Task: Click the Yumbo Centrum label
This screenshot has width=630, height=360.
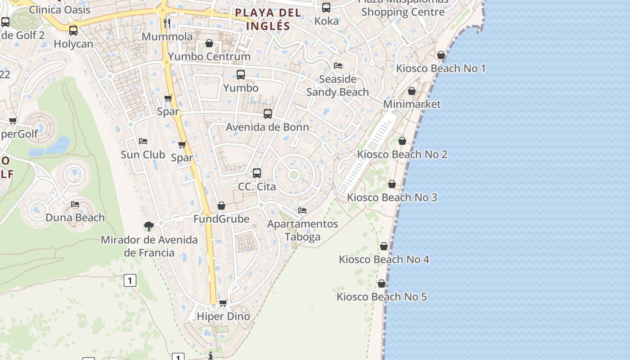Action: point(209,57)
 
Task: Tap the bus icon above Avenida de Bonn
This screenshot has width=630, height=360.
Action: point(268,114)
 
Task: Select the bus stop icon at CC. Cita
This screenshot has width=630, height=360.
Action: point(257,173)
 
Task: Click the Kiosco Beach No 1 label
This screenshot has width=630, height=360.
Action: point(441,68)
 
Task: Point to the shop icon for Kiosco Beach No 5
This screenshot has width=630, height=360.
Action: point(382,284)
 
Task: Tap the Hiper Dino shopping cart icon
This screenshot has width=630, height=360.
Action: point(223,303)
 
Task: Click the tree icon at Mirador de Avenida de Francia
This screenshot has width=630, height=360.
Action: point(149,226)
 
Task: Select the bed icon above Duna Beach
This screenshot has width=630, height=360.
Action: point(75,204)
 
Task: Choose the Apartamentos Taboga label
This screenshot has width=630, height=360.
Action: point(302,230)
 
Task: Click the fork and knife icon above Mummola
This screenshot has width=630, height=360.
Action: point(167,23)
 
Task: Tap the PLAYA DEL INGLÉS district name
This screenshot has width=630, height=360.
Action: point(268,19)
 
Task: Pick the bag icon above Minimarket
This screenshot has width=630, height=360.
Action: point(412,91)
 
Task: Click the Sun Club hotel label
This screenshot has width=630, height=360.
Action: point(143,155)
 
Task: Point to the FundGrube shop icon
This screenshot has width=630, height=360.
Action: point(221,206)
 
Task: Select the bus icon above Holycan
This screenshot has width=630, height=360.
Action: point(73,31)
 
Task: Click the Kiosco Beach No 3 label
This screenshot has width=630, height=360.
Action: point(392,198)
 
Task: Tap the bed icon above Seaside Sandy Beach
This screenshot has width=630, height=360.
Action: point(338,66)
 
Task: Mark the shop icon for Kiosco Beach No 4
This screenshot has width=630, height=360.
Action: point(384,247)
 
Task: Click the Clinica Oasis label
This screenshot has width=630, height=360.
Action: point(60,9)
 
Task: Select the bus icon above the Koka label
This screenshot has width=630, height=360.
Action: point(326,8)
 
